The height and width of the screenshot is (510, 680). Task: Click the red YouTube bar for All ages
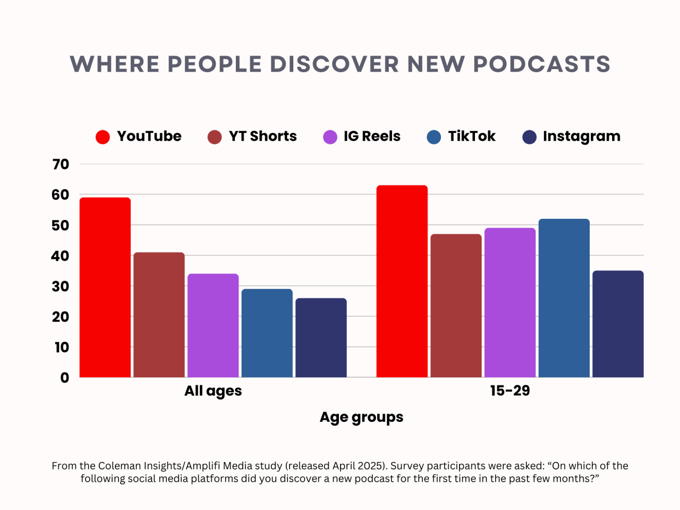(105, 287)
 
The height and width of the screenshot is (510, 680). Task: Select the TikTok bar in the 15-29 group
(564, 298)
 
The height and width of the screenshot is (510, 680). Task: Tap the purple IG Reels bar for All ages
(213, 325)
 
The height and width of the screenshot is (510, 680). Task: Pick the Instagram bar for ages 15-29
(618, 324)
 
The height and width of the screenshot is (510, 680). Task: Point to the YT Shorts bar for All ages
(159, 314)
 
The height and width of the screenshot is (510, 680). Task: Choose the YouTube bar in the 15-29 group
(402, 281)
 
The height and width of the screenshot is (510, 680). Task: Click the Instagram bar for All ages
(321, 337)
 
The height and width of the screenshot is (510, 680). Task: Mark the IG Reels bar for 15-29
(510, 302)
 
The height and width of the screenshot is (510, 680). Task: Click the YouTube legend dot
(103, 137)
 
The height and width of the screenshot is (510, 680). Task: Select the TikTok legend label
(471, 137)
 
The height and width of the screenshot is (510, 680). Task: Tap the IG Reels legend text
(372, 137)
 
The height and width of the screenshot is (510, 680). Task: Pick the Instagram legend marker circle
(530, 137)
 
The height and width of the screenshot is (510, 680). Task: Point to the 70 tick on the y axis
(61, 165)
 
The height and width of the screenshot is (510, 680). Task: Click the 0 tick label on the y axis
(65, 378)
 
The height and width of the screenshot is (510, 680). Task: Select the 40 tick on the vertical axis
(61, 256)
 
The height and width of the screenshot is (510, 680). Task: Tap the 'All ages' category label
(213, 391)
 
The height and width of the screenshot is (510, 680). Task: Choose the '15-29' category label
(510, 391)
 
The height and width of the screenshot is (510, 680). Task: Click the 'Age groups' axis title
(361, 418)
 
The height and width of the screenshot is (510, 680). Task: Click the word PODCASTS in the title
(541, 64)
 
